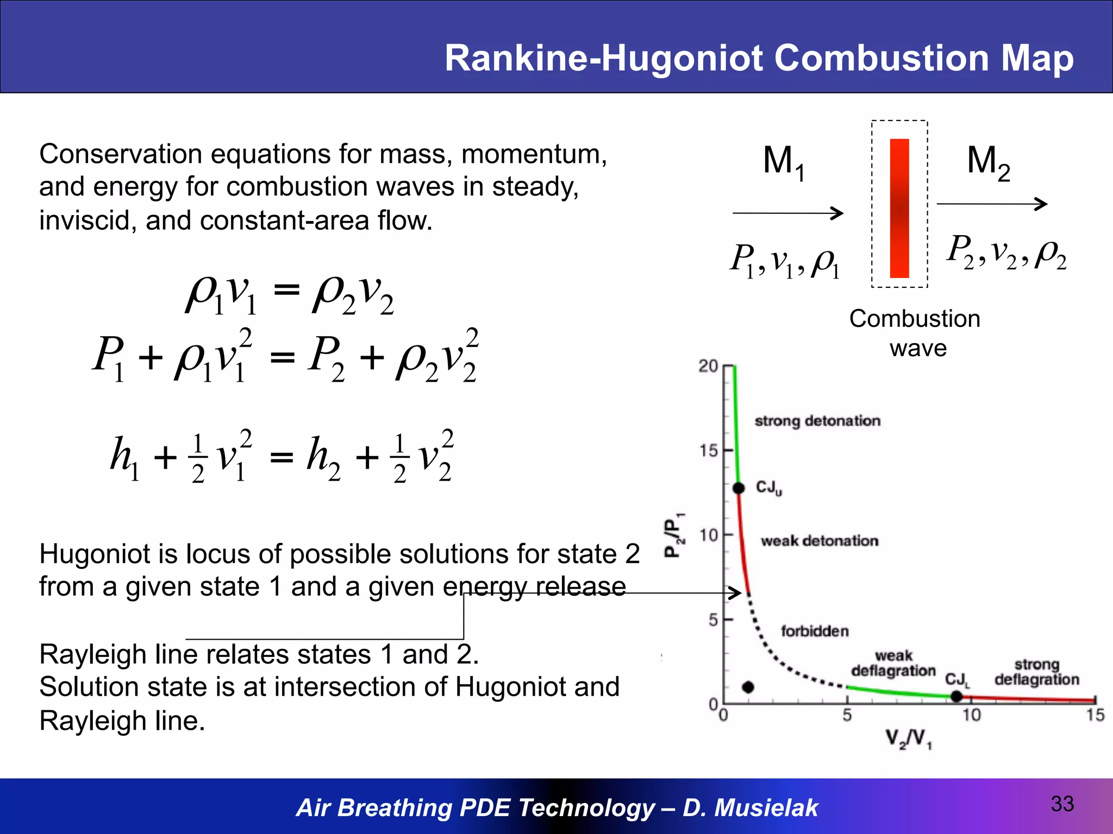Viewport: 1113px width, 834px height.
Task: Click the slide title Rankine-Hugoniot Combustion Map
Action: tap(759, 58)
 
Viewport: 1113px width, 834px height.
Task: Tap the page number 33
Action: tap(1062, 804)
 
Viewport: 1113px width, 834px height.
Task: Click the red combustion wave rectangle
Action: tap(899, 208)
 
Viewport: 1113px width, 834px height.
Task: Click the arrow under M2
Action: tap(992, 204)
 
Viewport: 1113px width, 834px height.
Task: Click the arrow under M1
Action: tap(787, 213)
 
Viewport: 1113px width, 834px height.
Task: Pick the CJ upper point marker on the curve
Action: tap(739, 488)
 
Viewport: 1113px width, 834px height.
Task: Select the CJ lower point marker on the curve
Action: tap(957, 696)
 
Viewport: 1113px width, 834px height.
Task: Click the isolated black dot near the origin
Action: tap(748, 687)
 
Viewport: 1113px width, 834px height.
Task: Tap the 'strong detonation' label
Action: tap(817, 421)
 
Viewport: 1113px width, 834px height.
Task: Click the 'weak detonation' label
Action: tap(819, 541)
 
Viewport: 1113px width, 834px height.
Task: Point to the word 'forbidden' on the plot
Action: tap(815, 631)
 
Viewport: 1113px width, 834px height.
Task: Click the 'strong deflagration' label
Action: tap(1036, 672)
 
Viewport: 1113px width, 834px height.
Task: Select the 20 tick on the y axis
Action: tap(709, 367)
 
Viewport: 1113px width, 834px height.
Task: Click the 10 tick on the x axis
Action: tap(971, 715)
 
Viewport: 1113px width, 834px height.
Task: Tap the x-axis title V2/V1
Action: tap(908, 738)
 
